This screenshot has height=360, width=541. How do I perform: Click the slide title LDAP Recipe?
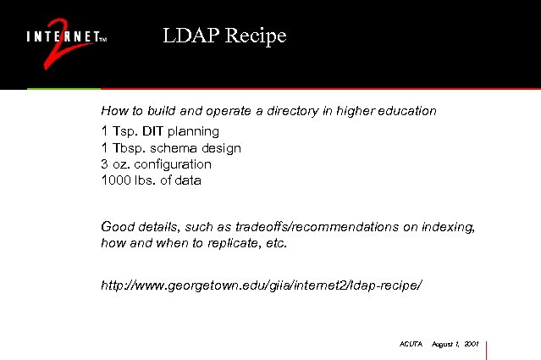pyautogui.click(x=225, y=36)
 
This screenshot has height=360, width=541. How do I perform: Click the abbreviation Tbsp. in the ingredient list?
pyautogui.click(x=128, y=148)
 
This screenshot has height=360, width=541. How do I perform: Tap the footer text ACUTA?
pyautogui.click(x=410, y=345)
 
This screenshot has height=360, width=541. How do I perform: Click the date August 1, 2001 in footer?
pyautogui.click(x=455, y=345)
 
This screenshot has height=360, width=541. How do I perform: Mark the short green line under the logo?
pyautogui.click(x=63, y=88)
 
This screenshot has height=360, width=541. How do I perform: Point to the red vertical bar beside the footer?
pyautogui.click(x=488, y=349)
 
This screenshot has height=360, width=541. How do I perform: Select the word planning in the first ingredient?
pyautogui.click(x=193, y=131)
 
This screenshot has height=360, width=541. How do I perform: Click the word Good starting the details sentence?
pyautogui.click(x=116, y=226)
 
